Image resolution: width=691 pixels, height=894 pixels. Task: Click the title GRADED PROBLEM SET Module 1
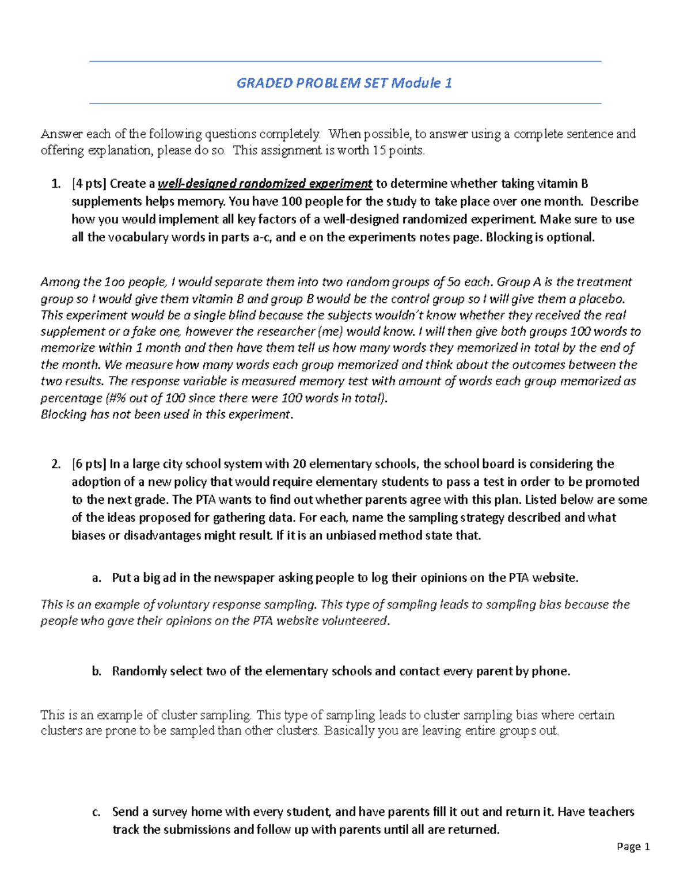[x=344, y=83]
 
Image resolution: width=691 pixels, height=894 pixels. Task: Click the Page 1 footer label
[x=633, y=846]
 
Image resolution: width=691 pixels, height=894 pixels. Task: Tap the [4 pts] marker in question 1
[x=89, y=184]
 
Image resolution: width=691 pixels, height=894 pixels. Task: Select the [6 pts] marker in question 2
[x=89, y=464]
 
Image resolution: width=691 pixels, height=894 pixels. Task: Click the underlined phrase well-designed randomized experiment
[x=265, y=184]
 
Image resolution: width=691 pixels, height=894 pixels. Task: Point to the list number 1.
[x=55, y=184]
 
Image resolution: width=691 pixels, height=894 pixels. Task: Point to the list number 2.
[x=55, y=464]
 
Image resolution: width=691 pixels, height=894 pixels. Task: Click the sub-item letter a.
[x=96, y=578]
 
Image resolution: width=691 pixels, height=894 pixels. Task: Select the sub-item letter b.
[x=96, y=671]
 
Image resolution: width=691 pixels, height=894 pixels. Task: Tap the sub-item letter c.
[x=96, y=812]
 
